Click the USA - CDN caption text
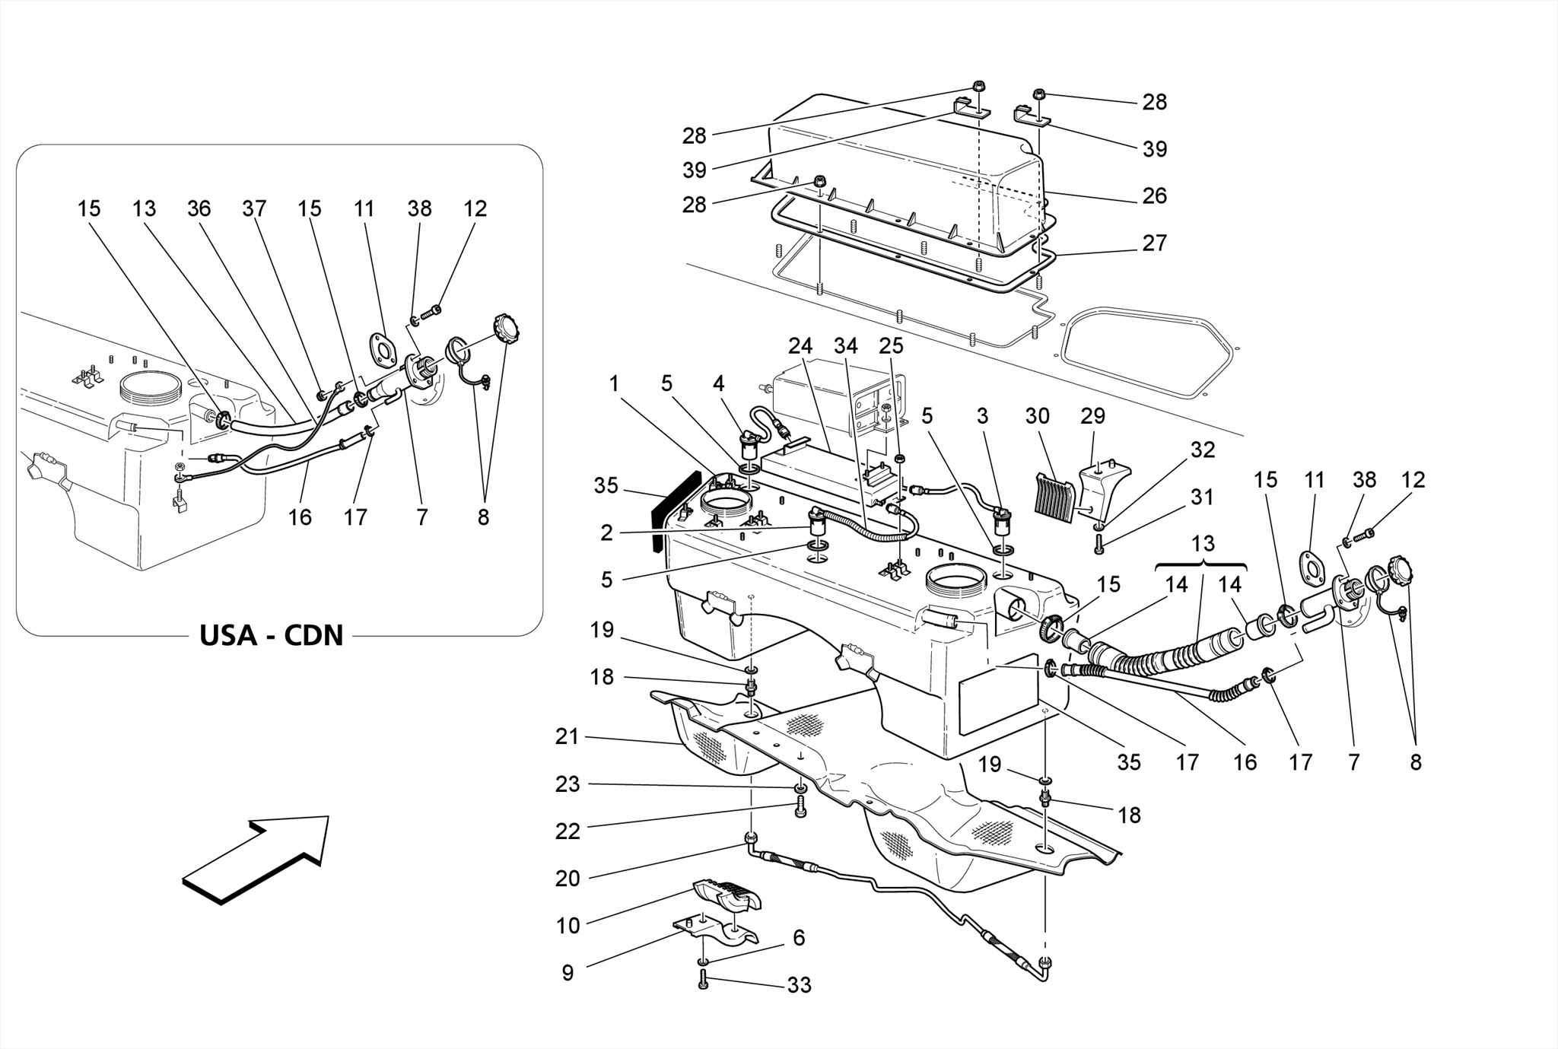pos(272,635)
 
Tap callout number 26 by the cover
pos(1154,196)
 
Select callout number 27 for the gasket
pos(1154,243)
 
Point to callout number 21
pos(568,736)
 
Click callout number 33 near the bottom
pos(799,985)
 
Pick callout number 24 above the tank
pos(800,347)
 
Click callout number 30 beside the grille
pos(1037,416)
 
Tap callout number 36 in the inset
pos(199,208)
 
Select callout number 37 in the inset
pos(254,208)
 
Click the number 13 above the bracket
pos(1203,544)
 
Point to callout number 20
pos(568,879)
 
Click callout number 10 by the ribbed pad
pos(568,926)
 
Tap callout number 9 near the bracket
pos(568,973)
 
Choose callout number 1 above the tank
pos(614,384)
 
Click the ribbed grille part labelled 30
pos(1056,497)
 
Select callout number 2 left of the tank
pos(606,532)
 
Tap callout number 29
pos(1093,416)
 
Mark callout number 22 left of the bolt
pos(568,831)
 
